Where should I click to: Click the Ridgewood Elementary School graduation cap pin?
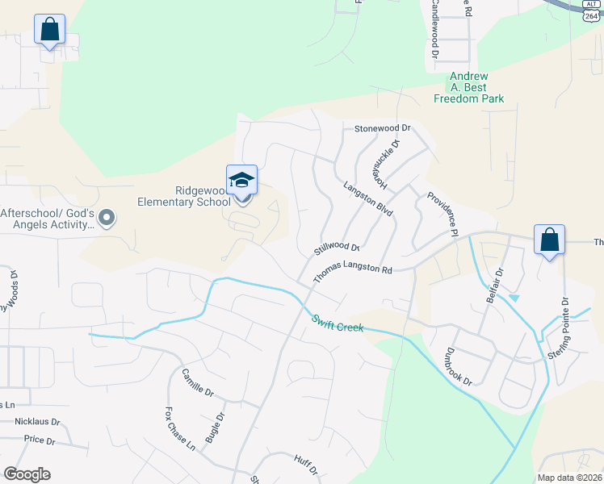click(242, 181)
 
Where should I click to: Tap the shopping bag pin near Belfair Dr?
click(549, 240)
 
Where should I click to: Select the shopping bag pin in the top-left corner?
click(49, 30)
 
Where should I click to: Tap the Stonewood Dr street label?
click(383, 128)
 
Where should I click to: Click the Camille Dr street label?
click(197, 382)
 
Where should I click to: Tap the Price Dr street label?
click(40, 440)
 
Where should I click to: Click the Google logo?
click(27, 474)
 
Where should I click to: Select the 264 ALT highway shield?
click(591, 10)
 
